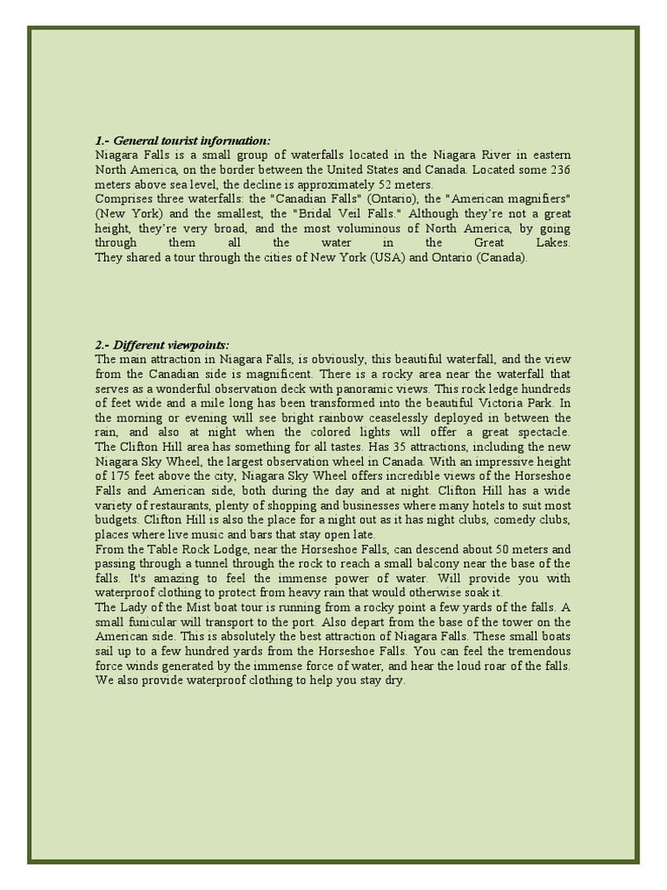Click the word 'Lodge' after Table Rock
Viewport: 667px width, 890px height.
click(203, 549)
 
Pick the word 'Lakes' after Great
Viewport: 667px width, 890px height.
click(551, 242)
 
